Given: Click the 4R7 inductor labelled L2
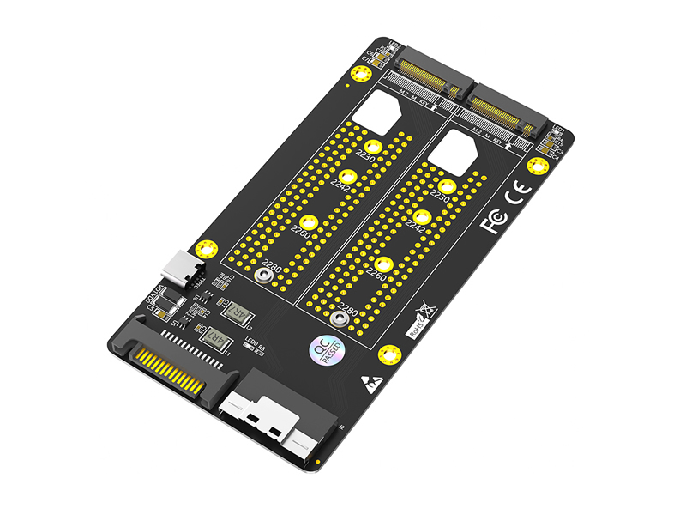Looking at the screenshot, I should click(x=236, y=312).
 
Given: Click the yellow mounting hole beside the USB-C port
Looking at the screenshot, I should click(x=205, y=250).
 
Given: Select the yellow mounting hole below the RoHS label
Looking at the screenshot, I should click(x=390, y=353).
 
